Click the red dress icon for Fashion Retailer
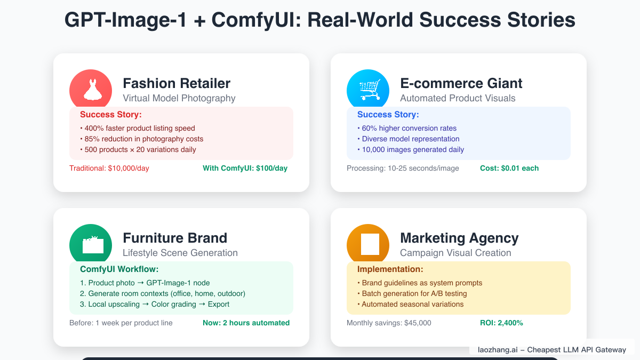[x=91, y=90]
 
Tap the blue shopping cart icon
[x=368, y=90]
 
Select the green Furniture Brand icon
[x=91, y=245]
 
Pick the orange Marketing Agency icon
[x=368, y=245]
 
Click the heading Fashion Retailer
[x=177, y=84]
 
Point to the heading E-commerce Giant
[x=461, y=84]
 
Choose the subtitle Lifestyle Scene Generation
[x=180, y=253]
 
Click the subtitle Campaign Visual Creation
[x=455, y=253]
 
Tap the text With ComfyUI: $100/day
[x=245, y=169]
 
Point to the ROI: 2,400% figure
[x=501, y=323]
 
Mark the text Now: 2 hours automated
[x=246, y=323]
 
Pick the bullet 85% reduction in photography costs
[x=141, y=139]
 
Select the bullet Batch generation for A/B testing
[x=414, y=294]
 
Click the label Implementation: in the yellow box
[x=390, y=269]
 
